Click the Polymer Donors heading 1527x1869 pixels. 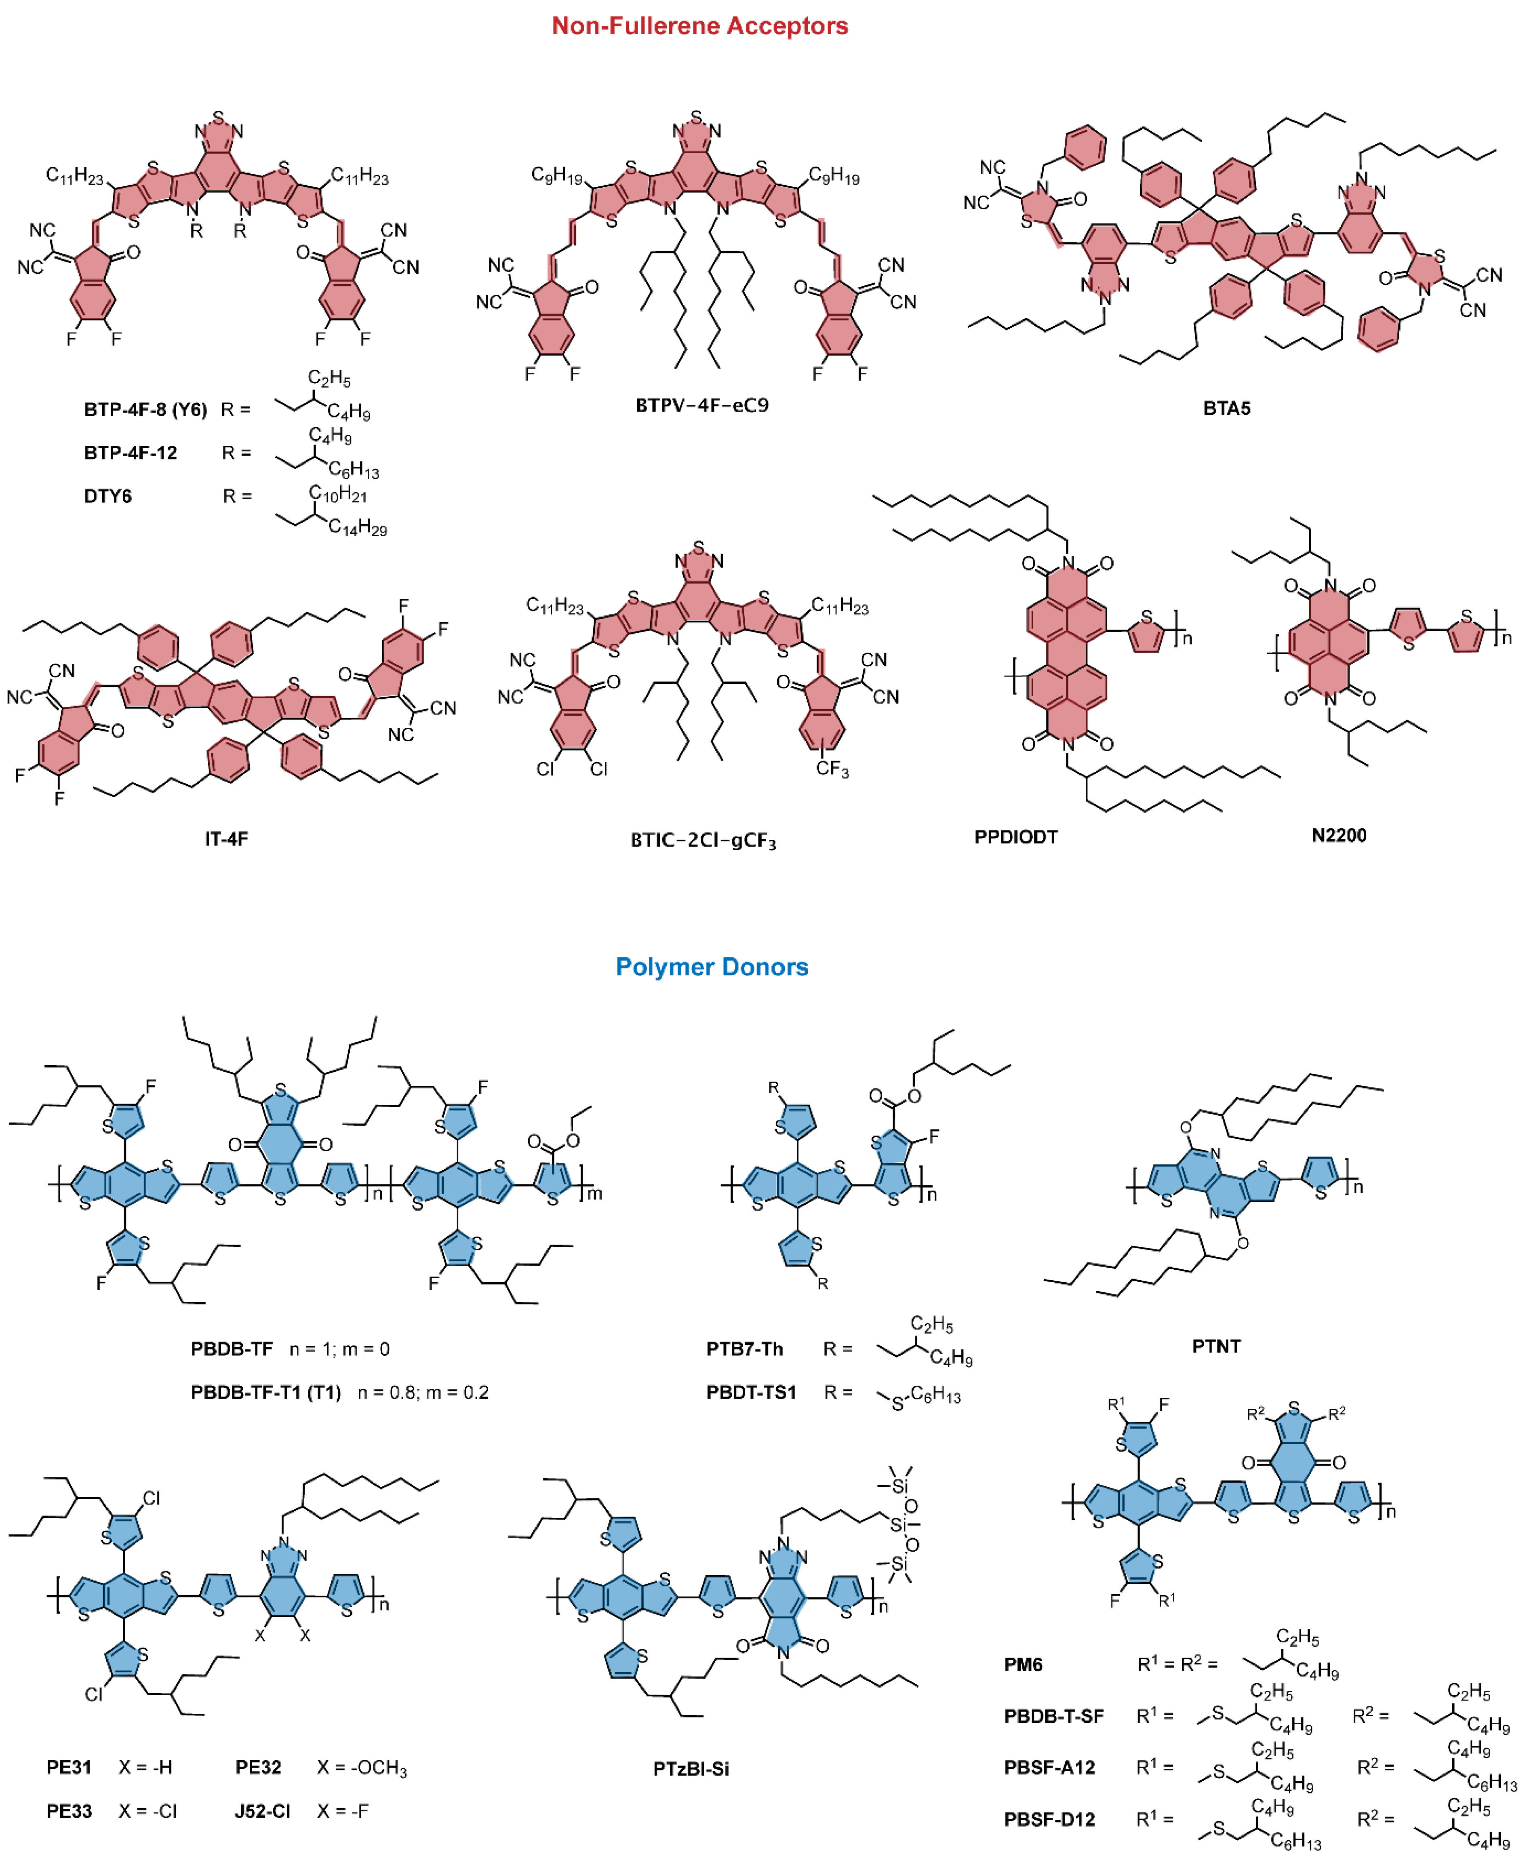712,967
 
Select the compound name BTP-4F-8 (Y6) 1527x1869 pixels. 145,410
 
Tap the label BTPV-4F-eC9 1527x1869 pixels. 702,405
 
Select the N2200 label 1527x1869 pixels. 1339,836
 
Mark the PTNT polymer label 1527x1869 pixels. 1215,1346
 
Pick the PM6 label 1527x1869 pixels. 1023,1664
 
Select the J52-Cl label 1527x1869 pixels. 262,1811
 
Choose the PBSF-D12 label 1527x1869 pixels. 1049,1820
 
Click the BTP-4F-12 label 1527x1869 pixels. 130,453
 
